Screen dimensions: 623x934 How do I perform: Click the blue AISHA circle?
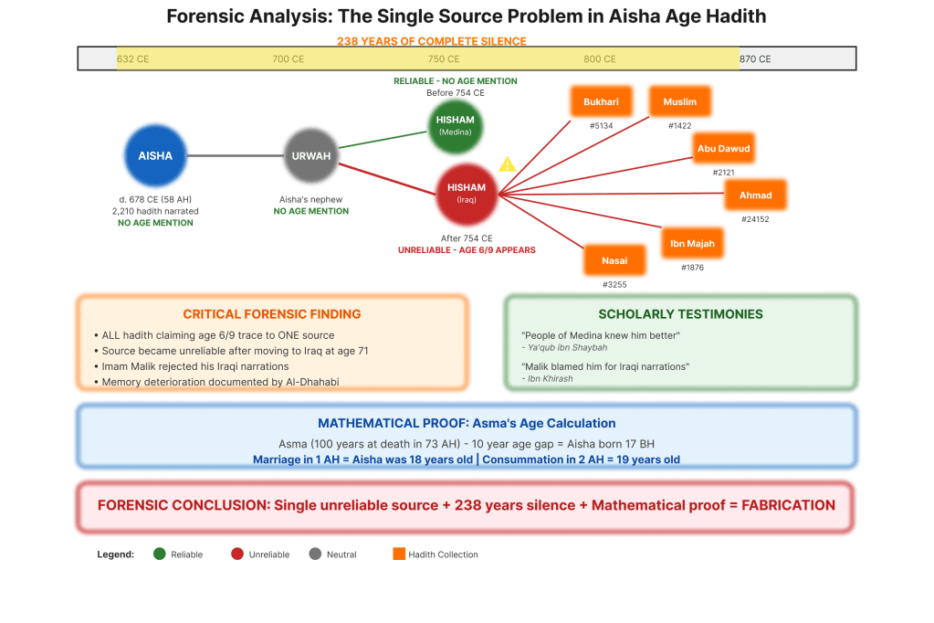pyautogui.click(x=155, y=156)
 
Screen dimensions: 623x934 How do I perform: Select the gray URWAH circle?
pyautogui.click(x=310, y=156)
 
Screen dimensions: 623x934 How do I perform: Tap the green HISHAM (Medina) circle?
pyautogui.click(x=455, y=125)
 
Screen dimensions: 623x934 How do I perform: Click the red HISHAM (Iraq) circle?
pyautogui.click(x=467, y=193)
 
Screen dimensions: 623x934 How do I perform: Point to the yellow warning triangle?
pyautogui.click(x=508, y=164)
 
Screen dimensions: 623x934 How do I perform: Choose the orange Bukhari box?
pyautogui.click(x=601, y=102)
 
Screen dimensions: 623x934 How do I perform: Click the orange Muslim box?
pyautogui.click(x=680, y=102)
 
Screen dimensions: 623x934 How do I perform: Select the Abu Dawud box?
pyautogui.click(x=723, y=148)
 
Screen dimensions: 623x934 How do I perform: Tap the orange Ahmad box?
pyautogui.click(x=755, y=195)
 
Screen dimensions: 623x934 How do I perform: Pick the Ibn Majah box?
pyautogui.click(x=692, y=244)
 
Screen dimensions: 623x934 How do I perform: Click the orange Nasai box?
pyautogui.click(x=614, y=261)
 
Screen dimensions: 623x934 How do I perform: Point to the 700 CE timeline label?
pyautogui.click(x=289, y=59)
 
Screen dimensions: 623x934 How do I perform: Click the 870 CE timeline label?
pyautogui.click(x=755, y=59)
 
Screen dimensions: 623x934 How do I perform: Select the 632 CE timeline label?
pyautogui.click(x=132, y=59)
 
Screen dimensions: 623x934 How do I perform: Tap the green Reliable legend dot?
pyautogui.click(x=160, y=554)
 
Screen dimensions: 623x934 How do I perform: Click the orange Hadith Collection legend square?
pyautogui.click(x=398, y=554)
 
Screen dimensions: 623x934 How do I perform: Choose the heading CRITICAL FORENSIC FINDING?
pyautogui.click(x=271, y=314)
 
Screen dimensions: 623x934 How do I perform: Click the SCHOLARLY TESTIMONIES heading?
pyautogui.click(x=680, y=314)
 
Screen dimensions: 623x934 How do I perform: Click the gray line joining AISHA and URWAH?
pyautogui.click(x=233, y=156)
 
